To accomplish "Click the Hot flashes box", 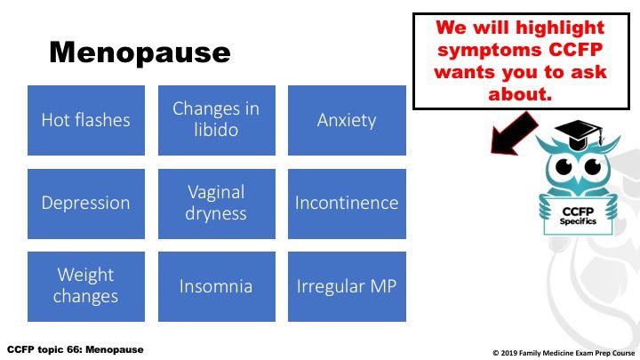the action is [x=86, y=120].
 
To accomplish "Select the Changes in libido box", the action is [x=217, y=120].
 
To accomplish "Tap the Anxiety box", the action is [x=347, y=120].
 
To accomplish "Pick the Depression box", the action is [x=86, y=204].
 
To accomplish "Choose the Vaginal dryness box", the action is [x=217, y=204].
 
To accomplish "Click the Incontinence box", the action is [x=347, y=204].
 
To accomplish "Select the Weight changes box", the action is [x=86, y=286].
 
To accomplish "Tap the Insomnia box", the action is [x=217, y=286].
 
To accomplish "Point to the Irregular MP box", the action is [x=347, y=286].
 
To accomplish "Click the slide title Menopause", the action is [x=140, y=53].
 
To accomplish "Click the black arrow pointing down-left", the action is [x=513, y=134].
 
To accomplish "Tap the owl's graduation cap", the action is [x=579, y=134].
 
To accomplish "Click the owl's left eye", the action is [x=564, y=166].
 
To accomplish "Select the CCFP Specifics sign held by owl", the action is [x=578, y=215].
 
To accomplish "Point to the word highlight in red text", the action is [x=560, y=28].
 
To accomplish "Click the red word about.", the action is [x=520, y=94].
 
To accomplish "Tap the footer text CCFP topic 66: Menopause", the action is [x=76, y=350].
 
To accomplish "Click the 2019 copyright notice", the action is [x=564, y=353].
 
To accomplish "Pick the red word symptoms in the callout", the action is [x=490, y=51].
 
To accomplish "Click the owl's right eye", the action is [x=593, y=166].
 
